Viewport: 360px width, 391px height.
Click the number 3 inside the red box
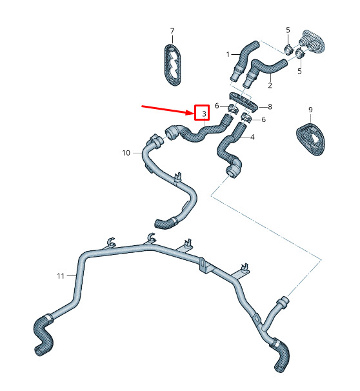204,114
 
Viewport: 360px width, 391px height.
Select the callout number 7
172,31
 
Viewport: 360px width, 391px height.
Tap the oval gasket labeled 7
172,65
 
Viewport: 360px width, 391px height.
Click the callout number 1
228,54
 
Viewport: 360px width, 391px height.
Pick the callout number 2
270,85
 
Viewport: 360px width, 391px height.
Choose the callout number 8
270,107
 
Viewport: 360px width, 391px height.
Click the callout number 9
310,110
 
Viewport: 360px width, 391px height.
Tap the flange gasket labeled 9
310,139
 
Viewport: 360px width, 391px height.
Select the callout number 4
252,137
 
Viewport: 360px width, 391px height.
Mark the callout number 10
126,153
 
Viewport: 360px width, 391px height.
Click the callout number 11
61,276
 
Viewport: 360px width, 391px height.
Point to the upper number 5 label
288,30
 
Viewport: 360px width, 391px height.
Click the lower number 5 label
299,71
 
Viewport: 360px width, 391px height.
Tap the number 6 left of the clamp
217,106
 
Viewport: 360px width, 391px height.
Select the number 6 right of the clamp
263,119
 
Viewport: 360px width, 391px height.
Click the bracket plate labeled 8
243,102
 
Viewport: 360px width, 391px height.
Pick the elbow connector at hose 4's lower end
234,168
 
